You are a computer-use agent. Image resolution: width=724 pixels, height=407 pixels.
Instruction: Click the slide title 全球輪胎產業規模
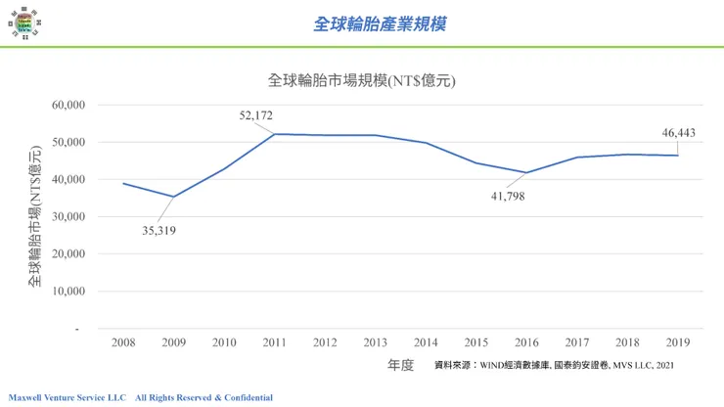pos(380,24)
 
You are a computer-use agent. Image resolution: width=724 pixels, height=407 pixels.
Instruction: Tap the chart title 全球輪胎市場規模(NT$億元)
pos(362,80)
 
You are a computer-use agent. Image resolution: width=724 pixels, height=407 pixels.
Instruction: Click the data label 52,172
pos(255,115)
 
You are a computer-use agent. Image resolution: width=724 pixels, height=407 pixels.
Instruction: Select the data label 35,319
pos(158,231)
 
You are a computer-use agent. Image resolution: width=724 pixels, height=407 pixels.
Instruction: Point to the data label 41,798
pos(508,197)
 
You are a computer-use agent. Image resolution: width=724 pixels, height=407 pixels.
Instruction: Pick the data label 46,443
pos(678,133)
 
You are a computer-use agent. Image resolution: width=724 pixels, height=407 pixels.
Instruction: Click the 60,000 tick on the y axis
pos(68,105)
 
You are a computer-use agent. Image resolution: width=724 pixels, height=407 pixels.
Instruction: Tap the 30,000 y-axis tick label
pos(68,216)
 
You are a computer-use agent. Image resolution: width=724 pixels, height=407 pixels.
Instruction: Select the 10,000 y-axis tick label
pos(68,291)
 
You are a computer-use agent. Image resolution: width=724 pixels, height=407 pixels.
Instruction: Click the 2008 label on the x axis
pos(123,342)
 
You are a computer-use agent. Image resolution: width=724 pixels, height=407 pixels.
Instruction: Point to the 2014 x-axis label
pos(426,342)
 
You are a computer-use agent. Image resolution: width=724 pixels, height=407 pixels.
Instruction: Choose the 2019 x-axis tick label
pos(678,342)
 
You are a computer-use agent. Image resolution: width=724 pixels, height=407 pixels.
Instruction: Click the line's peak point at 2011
pos(274,134)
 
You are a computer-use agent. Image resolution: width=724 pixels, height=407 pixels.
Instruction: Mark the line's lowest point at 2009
pos(173,197)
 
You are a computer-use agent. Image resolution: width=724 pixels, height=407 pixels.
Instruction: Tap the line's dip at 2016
pos(526,173)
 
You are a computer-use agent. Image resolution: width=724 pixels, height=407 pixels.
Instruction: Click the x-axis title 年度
pos(400,365)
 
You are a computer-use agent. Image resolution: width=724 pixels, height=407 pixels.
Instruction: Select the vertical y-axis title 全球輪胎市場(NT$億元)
pos(35,216)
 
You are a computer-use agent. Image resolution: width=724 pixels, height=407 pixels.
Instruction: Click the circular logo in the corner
pos(24,23)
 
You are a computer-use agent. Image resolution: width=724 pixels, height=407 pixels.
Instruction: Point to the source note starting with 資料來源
pos(554,365)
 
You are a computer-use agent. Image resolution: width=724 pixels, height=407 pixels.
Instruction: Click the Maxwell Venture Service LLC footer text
pos(67,398)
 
